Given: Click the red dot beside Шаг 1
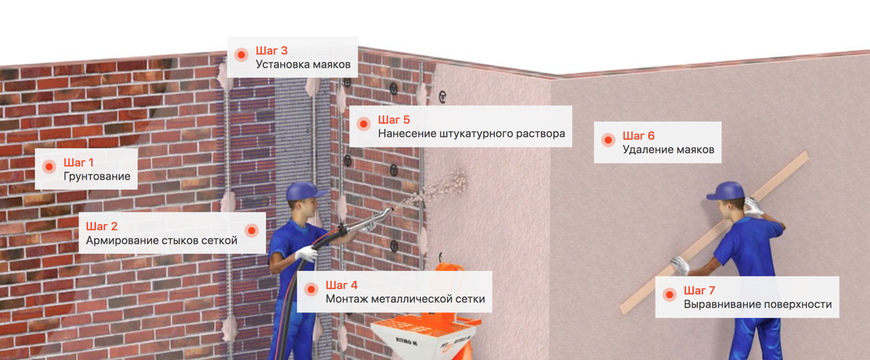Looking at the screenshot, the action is [49, 167].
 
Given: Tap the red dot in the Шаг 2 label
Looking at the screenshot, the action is [252, 231].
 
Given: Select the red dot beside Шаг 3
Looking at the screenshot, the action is [241, 55].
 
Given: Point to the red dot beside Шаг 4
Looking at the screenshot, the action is [311, 290].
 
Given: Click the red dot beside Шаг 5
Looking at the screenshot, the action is [364, 124].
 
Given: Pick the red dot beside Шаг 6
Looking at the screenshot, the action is [608, 140].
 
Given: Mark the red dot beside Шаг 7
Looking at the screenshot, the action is [670, 295].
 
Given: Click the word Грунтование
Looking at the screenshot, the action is [97, 176].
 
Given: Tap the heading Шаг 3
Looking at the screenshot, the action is [271, 50].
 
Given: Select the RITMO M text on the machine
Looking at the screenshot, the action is [406, 341].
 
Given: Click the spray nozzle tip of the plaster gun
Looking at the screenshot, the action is [391, 210].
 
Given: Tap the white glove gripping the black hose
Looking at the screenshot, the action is [307, 253].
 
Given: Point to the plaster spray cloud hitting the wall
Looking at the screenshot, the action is [441, 189].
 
